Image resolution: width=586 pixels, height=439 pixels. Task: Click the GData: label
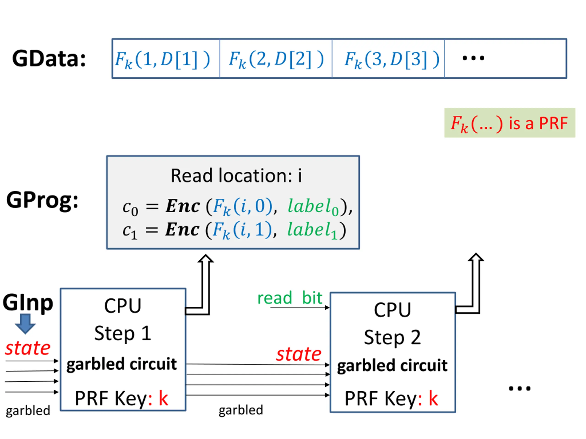coord(49,59)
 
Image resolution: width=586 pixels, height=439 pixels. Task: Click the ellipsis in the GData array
coord(473,58)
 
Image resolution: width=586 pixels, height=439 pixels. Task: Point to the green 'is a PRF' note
coord(510,123)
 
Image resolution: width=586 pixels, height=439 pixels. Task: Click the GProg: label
coord(42,200)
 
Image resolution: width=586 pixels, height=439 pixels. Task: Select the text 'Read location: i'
coord(236,175)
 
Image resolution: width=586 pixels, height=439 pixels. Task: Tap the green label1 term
coord(313,230)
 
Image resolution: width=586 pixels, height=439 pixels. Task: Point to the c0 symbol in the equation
coord(130,208)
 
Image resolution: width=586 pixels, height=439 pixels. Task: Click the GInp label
coord(28,302)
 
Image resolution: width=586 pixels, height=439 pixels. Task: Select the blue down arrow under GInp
coord(25,324)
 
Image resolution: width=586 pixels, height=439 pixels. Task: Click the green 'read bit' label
coord(290,298)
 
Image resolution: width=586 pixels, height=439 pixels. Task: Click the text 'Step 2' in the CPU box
coord(392,337)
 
